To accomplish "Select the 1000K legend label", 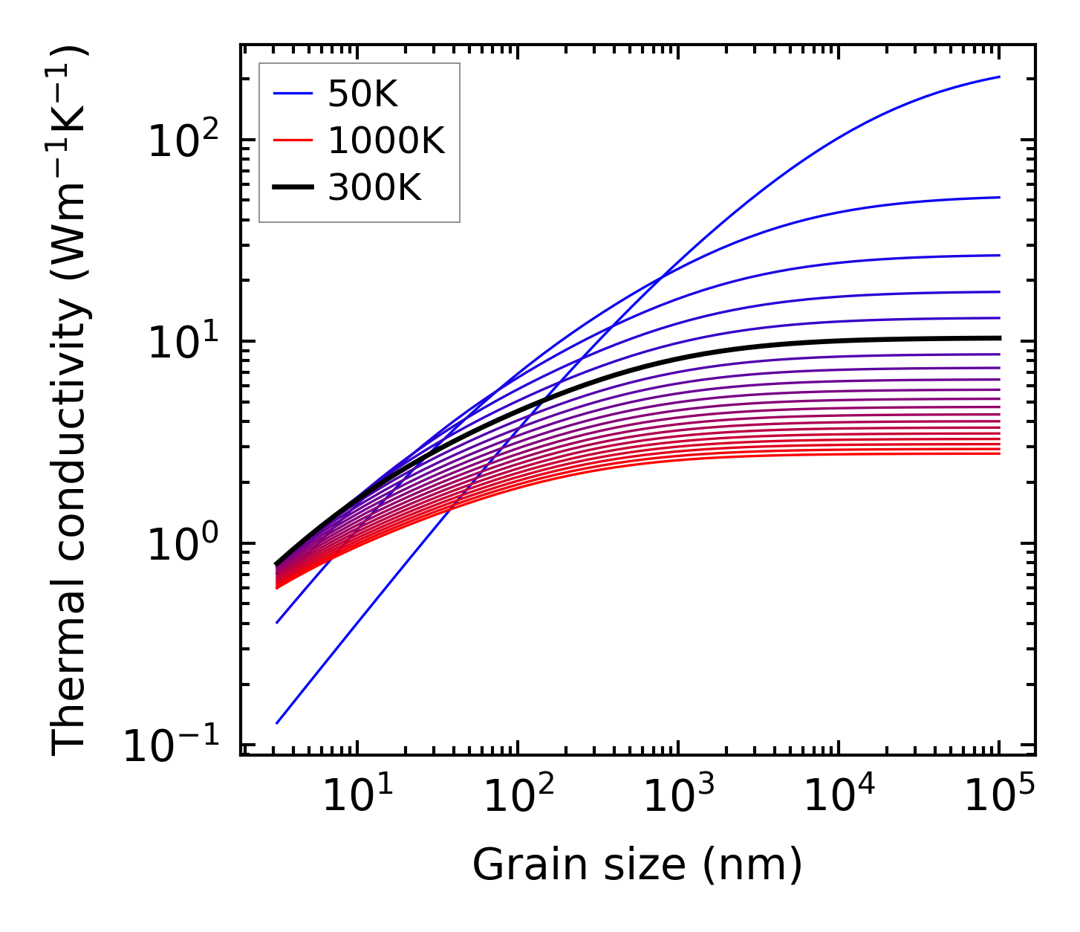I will (x=386, y=140).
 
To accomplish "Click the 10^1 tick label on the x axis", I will (x=357, y=795).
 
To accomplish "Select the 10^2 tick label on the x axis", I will (x=518, y=795).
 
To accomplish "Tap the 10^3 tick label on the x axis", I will (x=678, y=795).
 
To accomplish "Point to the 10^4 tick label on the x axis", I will (x=839, y=795).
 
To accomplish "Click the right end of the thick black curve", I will (x=999, y=338).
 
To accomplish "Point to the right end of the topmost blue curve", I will (x=999, y=77).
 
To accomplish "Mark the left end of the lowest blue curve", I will (x=276, y=722).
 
